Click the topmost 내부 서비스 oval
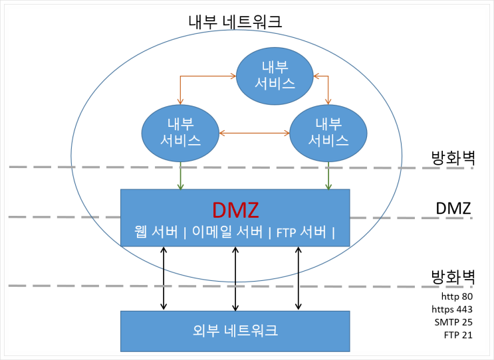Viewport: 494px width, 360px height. [x=275, y=77]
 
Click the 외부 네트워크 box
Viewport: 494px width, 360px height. [x=235, y=330]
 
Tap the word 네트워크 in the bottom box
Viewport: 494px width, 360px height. [x=255, y=330]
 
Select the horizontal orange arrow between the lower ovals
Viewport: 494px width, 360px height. [x=254, y=133]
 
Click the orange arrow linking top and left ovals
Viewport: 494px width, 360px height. [x=193, y=77]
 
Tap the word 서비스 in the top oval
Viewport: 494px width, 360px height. [x=275, y=84]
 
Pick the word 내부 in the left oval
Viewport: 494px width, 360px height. [x=181, y=124]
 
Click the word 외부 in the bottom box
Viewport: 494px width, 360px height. [x=202, y=330]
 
